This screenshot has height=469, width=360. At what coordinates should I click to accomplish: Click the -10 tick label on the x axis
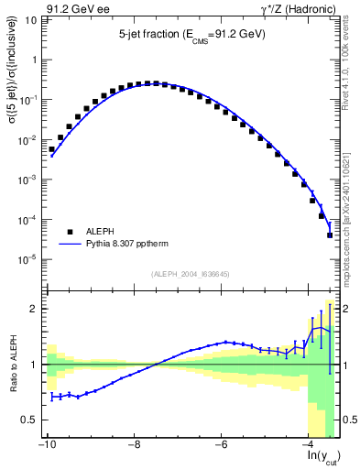click(x=46, y=445)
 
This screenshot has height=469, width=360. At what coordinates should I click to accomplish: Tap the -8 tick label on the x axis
click(x=134, y=445)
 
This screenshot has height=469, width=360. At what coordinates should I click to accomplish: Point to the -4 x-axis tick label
click(x=309, y=445)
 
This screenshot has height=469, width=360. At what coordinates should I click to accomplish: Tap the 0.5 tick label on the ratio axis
click(x=28, y=420)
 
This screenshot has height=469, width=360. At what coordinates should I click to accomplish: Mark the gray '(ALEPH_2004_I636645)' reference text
click(x=189, y=272)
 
